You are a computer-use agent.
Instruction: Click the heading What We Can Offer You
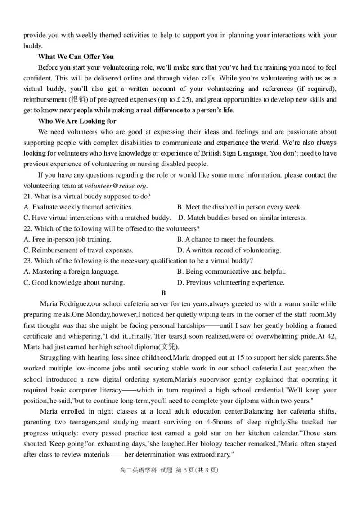[x=76, y=57]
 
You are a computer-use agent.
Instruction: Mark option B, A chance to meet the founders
[x=225, y=240]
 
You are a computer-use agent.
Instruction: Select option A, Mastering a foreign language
[x=71, y=272]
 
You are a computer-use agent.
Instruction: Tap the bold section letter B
[x=164, y=293]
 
